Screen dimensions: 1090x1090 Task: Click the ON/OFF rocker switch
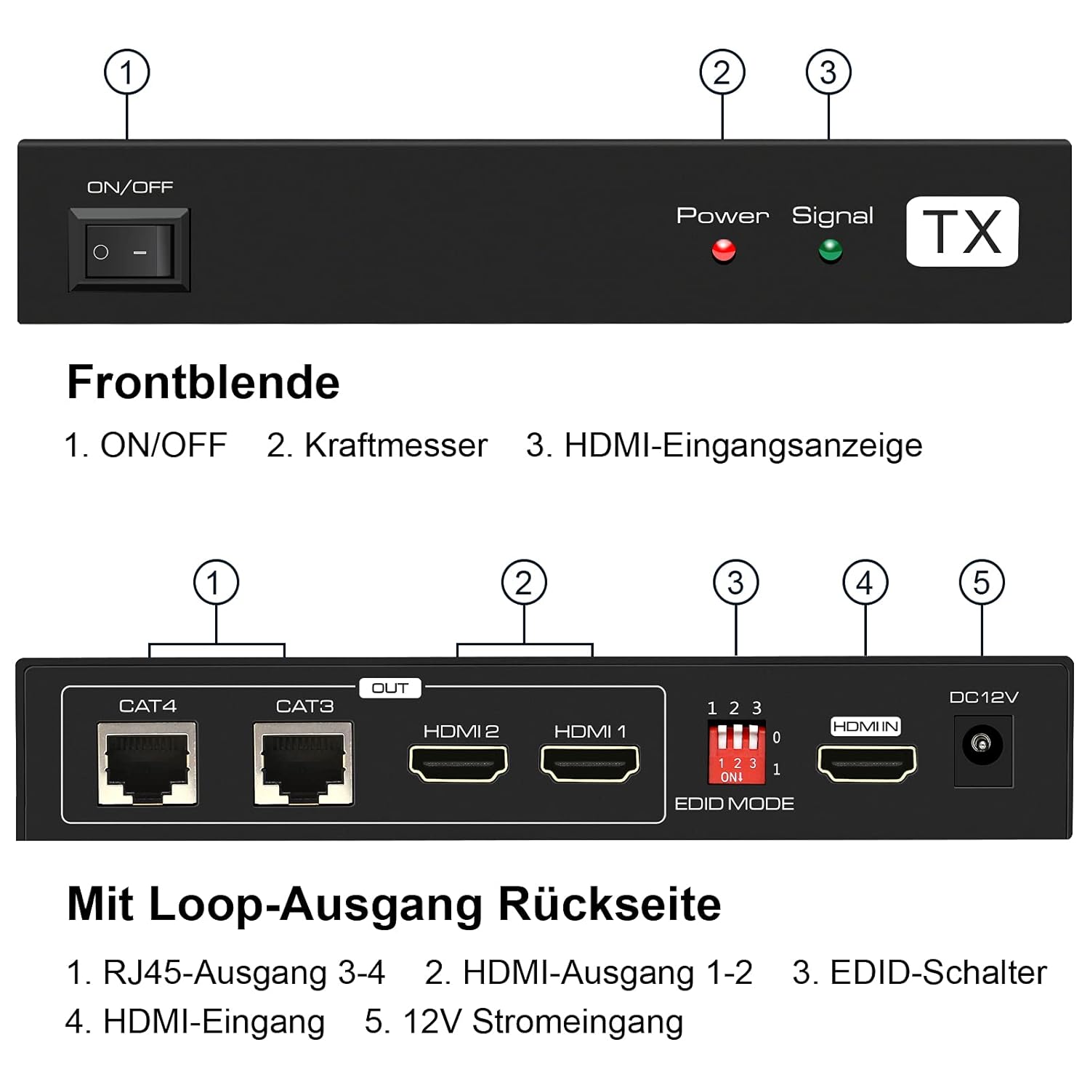click(x=129, y=250)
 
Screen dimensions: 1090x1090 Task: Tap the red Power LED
click(x=724, y=251)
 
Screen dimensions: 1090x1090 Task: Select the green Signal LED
click(x=830, y=251)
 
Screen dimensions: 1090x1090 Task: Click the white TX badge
click(x=962, y=231)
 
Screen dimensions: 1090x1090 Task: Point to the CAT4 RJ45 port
click(x=148, y=763)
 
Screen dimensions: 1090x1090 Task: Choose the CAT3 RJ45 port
click(x=304, y=763)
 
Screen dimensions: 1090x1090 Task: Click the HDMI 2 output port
click(x=459, y=763)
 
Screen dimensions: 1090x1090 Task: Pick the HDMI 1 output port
click(x=589, y=763)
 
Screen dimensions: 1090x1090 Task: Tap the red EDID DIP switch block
click(x=737, y=752)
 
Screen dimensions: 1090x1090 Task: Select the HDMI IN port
click(x=867, y=763)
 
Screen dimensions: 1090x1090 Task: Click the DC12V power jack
click(x=982, y=750)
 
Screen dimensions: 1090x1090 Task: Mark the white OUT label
click(x=390, y=687)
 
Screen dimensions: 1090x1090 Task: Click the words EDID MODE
click(x=734, y=804)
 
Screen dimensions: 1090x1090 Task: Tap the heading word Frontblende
click(x=203, y=382)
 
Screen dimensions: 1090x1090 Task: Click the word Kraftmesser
click(x=396, y=445)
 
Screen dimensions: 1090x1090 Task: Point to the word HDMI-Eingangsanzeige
click(x=743, y=445)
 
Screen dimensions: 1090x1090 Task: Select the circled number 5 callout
click(x=982, y=582)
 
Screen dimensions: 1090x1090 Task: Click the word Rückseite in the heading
click(x=610, y=904)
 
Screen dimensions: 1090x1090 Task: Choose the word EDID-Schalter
click(x=938, y=972)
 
